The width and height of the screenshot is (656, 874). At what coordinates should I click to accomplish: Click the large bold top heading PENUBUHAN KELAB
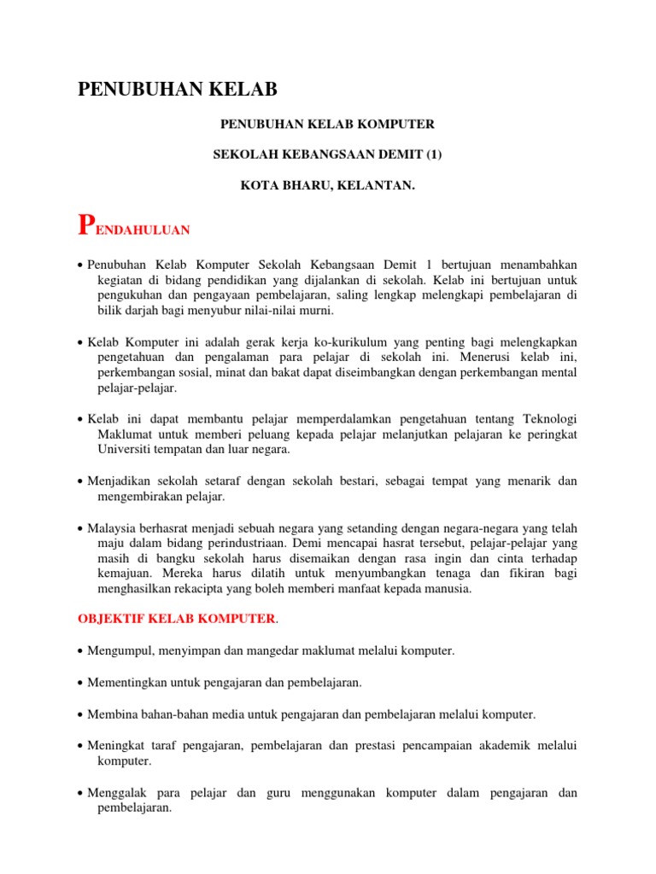[179, 89]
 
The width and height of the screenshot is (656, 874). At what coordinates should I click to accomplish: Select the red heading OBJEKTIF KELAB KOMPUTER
[176, 618]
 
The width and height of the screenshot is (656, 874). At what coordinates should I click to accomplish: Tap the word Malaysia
[114, 527]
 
